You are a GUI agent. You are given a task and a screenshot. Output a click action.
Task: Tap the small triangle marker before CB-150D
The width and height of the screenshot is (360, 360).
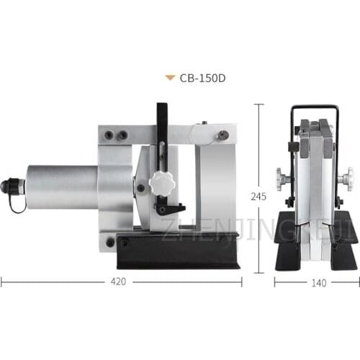tap(169, 77)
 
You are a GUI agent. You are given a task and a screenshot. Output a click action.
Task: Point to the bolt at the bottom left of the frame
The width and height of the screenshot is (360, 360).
tap(109, 242)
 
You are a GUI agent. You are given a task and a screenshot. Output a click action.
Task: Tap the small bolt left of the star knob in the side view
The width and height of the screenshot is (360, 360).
tap(140, 189)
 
